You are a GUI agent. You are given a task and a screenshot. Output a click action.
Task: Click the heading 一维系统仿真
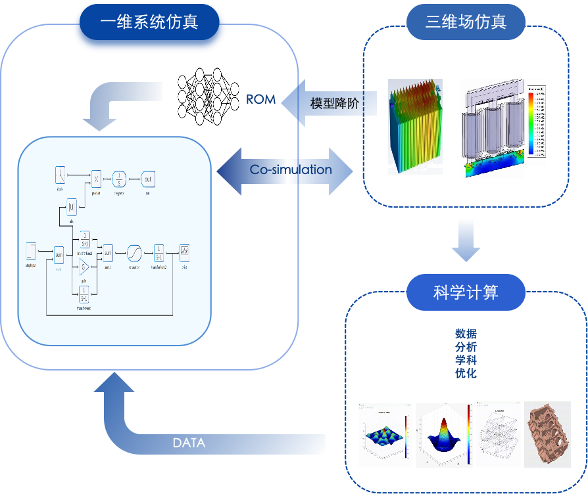tap(149, 23)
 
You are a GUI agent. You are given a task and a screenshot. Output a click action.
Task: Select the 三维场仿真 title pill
tap(466, 22)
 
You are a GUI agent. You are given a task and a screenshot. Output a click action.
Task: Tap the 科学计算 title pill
tap(466, 292)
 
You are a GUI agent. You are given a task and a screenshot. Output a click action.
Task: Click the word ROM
tap(260, 99)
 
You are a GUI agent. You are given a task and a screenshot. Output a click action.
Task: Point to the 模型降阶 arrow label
tap(335, 103)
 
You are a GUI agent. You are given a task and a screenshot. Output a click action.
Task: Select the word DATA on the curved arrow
tap(189, 443)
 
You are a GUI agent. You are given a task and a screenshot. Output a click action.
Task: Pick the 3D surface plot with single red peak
tap(444, 434)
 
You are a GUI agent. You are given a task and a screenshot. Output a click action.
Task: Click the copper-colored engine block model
tap(552, 434)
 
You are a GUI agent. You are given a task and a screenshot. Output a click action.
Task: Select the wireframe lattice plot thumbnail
tap(498, 434)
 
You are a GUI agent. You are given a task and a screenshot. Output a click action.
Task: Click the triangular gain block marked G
tap(84, 267)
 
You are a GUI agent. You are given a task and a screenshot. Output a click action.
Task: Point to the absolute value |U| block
tap(72, 209)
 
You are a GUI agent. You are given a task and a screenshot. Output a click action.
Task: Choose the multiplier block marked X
tap(96, 178)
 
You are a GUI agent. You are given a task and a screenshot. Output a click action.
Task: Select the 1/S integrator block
tap(118, 178)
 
